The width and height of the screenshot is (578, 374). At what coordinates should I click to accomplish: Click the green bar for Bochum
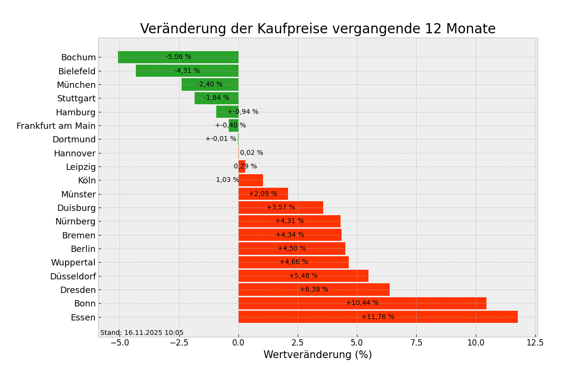[144, 57]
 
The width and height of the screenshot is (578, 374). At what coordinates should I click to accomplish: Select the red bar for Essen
[313, 317]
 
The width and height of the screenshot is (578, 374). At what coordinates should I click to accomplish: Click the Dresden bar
[270, 290]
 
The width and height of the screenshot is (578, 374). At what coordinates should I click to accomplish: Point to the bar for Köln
[251, 180]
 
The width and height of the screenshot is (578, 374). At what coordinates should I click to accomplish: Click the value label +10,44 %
[362, 303]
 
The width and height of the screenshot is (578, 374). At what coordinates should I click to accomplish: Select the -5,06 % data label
[178, 57]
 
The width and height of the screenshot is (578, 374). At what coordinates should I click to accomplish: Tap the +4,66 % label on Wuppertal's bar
[294, 262]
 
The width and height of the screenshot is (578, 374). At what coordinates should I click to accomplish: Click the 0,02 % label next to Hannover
[251, 153]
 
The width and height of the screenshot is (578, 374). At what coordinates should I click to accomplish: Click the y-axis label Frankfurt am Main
[56, 126]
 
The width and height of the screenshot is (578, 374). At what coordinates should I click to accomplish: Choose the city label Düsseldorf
[73, 277]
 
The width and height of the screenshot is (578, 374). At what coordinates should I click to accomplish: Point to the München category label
[76, 85]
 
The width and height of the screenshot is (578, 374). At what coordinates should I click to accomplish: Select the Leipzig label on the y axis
[80, 167]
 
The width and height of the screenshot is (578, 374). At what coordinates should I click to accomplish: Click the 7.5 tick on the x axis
[416, 343]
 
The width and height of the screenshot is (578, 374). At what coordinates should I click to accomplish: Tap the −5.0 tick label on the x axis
[119, 343]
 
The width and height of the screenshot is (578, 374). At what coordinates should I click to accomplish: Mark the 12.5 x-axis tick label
[535, 343]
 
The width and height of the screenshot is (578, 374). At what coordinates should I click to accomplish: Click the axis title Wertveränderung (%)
[317, 355]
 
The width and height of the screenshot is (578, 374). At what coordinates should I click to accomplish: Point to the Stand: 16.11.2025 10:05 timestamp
[142, 333]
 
